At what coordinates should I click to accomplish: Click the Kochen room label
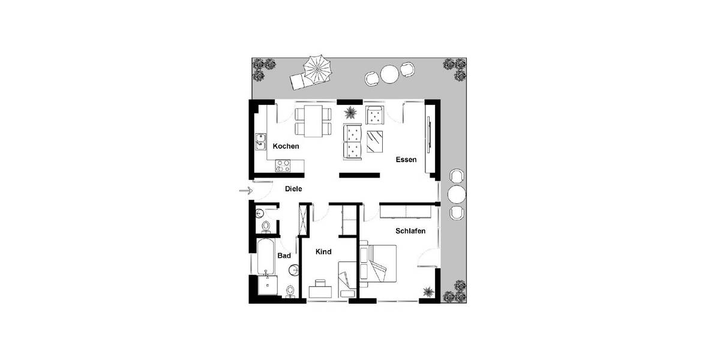click(x=286, y=146)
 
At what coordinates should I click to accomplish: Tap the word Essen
click(x=406, y=160)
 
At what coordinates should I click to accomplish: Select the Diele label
click(x=293, y=188)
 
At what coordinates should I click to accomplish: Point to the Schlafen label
click(x=410, y=231)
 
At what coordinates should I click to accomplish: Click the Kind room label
click(x=323, y=252)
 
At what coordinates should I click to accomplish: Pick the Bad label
click(x=284, y=256)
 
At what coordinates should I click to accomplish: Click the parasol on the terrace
click(x=317, y=68)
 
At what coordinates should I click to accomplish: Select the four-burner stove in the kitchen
click(x=283, y=165)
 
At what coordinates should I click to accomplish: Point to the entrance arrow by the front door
click(x=245, y=191)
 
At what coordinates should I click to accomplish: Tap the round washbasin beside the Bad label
click(x=295, y=268)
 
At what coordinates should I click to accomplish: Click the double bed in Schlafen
click(x=378, y=264)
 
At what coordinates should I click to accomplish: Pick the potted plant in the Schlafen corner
click(x=428, y=292)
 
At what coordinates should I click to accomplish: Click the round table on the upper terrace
click(x=390, y=74)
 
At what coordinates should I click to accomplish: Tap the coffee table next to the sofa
click(x=376, y=141)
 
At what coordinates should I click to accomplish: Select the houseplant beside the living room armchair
click(x=349, y=112)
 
